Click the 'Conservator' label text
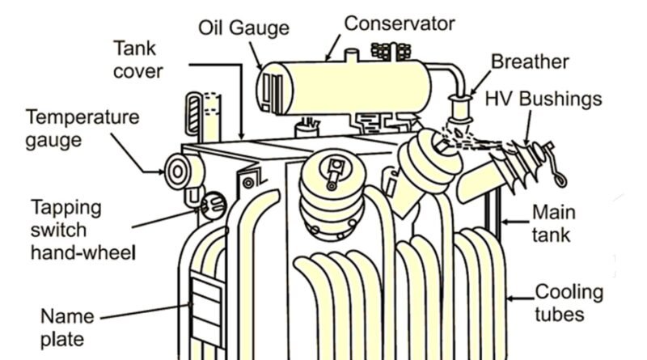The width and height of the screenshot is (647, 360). pos(400,23)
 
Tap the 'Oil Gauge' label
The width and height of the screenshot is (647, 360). pos(243,28)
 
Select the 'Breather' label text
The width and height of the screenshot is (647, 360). pos(530,61)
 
